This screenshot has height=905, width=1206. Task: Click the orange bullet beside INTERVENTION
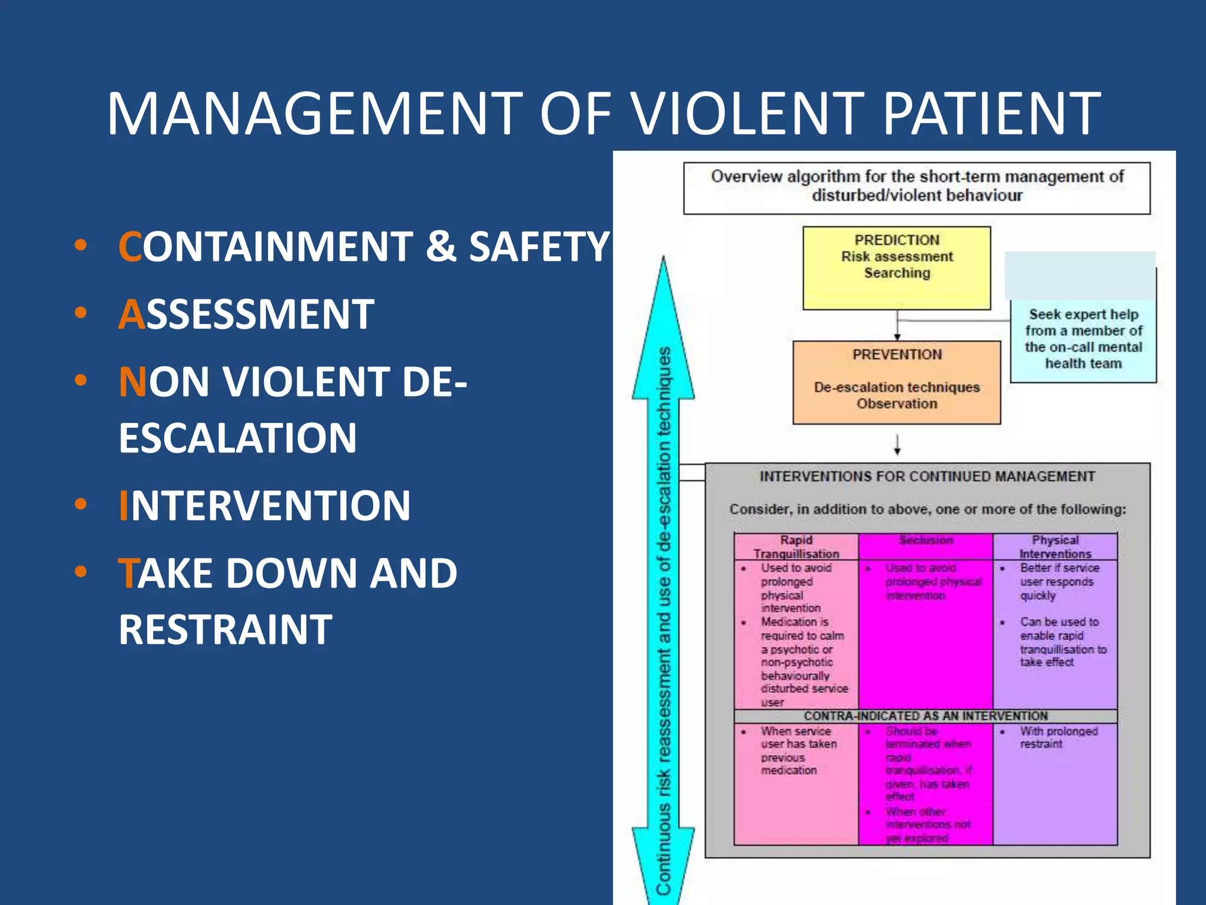point(81,505)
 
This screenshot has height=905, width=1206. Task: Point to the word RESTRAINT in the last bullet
point(226,630)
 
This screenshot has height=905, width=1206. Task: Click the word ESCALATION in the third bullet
point(237,438)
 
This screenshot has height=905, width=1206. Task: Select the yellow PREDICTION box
point(896,268)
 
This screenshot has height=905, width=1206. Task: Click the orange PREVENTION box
point(896,382)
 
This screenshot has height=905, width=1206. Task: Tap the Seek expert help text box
point(1083,339)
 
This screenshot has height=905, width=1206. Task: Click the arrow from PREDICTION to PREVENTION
point(897,326)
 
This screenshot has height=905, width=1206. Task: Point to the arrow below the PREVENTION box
point(897,445)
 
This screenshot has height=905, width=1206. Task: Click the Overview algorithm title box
point(916,187)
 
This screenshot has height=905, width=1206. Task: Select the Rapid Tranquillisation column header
point(796,547)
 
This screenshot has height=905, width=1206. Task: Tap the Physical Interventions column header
point(1055,547)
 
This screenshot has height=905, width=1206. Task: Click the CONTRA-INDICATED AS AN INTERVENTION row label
point(926,716)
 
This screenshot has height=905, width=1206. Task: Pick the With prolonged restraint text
point(1058,738)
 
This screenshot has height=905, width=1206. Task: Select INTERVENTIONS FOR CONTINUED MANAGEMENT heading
point(927,477)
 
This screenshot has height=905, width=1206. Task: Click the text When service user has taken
point(798,738)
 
